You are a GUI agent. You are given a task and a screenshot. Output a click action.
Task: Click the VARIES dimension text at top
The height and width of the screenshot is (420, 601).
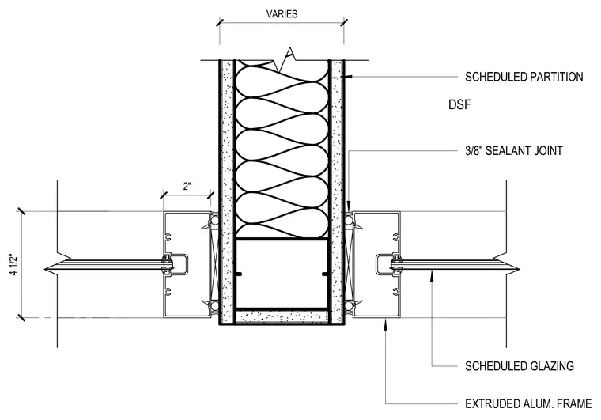tap(282, 14)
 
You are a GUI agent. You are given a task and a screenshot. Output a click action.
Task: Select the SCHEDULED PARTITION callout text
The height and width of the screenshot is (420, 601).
tap(524, 77)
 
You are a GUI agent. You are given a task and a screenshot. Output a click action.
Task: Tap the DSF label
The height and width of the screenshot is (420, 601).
tap(459, 104)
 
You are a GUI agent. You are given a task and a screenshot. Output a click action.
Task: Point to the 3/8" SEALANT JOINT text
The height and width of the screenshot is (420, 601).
tap(513, 150)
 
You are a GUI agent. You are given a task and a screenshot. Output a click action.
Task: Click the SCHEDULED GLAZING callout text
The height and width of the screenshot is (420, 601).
tap(520, 366)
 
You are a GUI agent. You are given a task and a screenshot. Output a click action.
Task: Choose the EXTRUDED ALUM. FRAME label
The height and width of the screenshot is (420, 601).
tap(528, 403)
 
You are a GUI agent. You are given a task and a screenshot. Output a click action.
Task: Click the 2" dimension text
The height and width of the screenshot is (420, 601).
tap(187, 187)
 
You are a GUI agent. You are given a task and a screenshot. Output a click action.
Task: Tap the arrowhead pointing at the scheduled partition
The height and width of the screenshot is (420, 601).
tap(349, 77)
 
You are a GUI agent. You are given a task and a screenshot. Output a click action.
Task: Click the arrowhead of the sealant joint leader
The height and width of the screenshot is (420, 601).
tap(349, 206)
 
